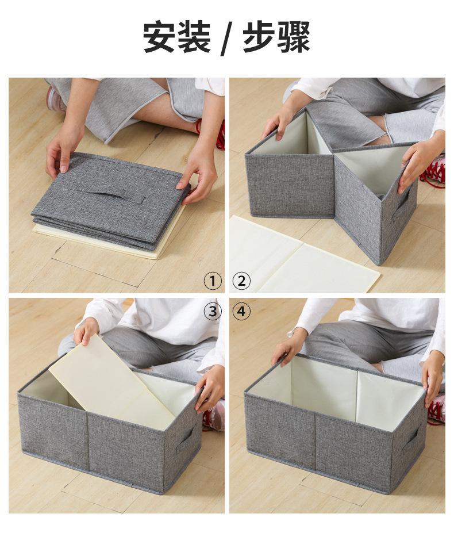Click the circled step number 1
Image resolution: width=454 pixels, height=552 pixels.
coord(213,281)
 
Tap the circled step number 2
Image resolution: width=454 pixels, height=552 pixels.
coord(242,281)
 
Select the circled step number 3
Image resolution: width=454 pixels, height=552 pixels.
coord(213,311)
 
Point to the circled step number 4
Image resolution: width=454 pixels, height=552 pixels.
coord(242,311)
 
